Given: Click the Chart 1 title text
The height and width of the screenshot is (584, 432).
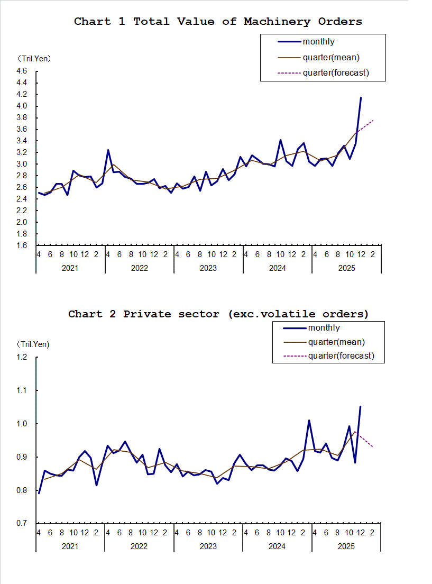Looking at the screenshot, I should point(218,22).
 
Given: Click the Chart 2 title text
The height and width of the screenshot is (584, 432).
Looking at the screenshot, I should point(218,314).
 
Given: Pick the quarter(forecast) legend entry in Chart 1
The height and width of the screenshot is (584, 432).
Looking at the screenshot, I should point(335,72).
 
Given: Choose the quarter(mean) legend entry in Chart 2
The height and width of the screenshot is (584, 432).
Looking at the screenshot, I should point(336,342).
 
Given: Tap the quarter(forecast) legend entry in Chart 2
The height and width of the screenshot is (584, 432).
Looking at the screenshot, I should point(341,356).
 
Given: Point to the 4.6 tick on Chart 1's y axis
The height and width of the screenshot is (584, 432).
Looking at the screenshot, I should point(22,71).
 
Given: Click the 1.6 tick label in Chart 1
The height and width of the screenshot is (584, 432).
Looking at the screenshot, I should point(22,245).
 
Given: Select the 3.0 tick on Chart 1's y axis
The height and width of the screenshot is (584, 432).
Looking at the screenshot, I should point(22,164).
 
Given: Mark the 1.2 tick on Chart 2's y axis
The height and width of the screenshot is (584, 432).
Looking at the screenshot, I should point(22,358).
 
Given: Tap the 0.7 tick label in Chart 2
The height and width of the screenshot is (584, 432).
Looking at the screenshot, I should point(22,524).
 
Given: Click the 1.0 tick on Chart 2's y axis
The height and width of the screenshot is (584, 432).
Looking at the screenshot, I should point(22,424).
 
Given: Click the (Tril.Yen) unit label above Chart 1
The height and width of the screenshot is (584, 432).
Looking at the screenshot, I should point(34,58).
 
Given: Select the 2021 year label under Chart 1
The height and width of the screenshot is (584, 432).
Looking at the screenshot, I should point(70,268).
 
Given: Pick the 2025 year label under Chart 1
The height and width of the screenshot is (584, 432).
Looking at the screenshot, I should point(346,268).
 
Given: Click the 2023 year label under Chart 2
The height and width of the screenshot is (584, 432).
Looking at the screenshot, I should point(208,546).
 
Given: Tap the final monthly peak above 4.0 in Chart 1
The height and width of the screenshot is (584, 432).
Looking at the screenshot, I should point(361,98).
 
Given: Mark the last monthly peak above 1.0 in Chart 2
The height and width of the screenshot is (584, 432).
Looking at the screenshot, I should point(360,407).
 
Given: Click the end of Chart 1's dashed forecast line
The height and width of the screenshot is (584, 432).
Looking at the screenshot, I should point(373,120).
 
